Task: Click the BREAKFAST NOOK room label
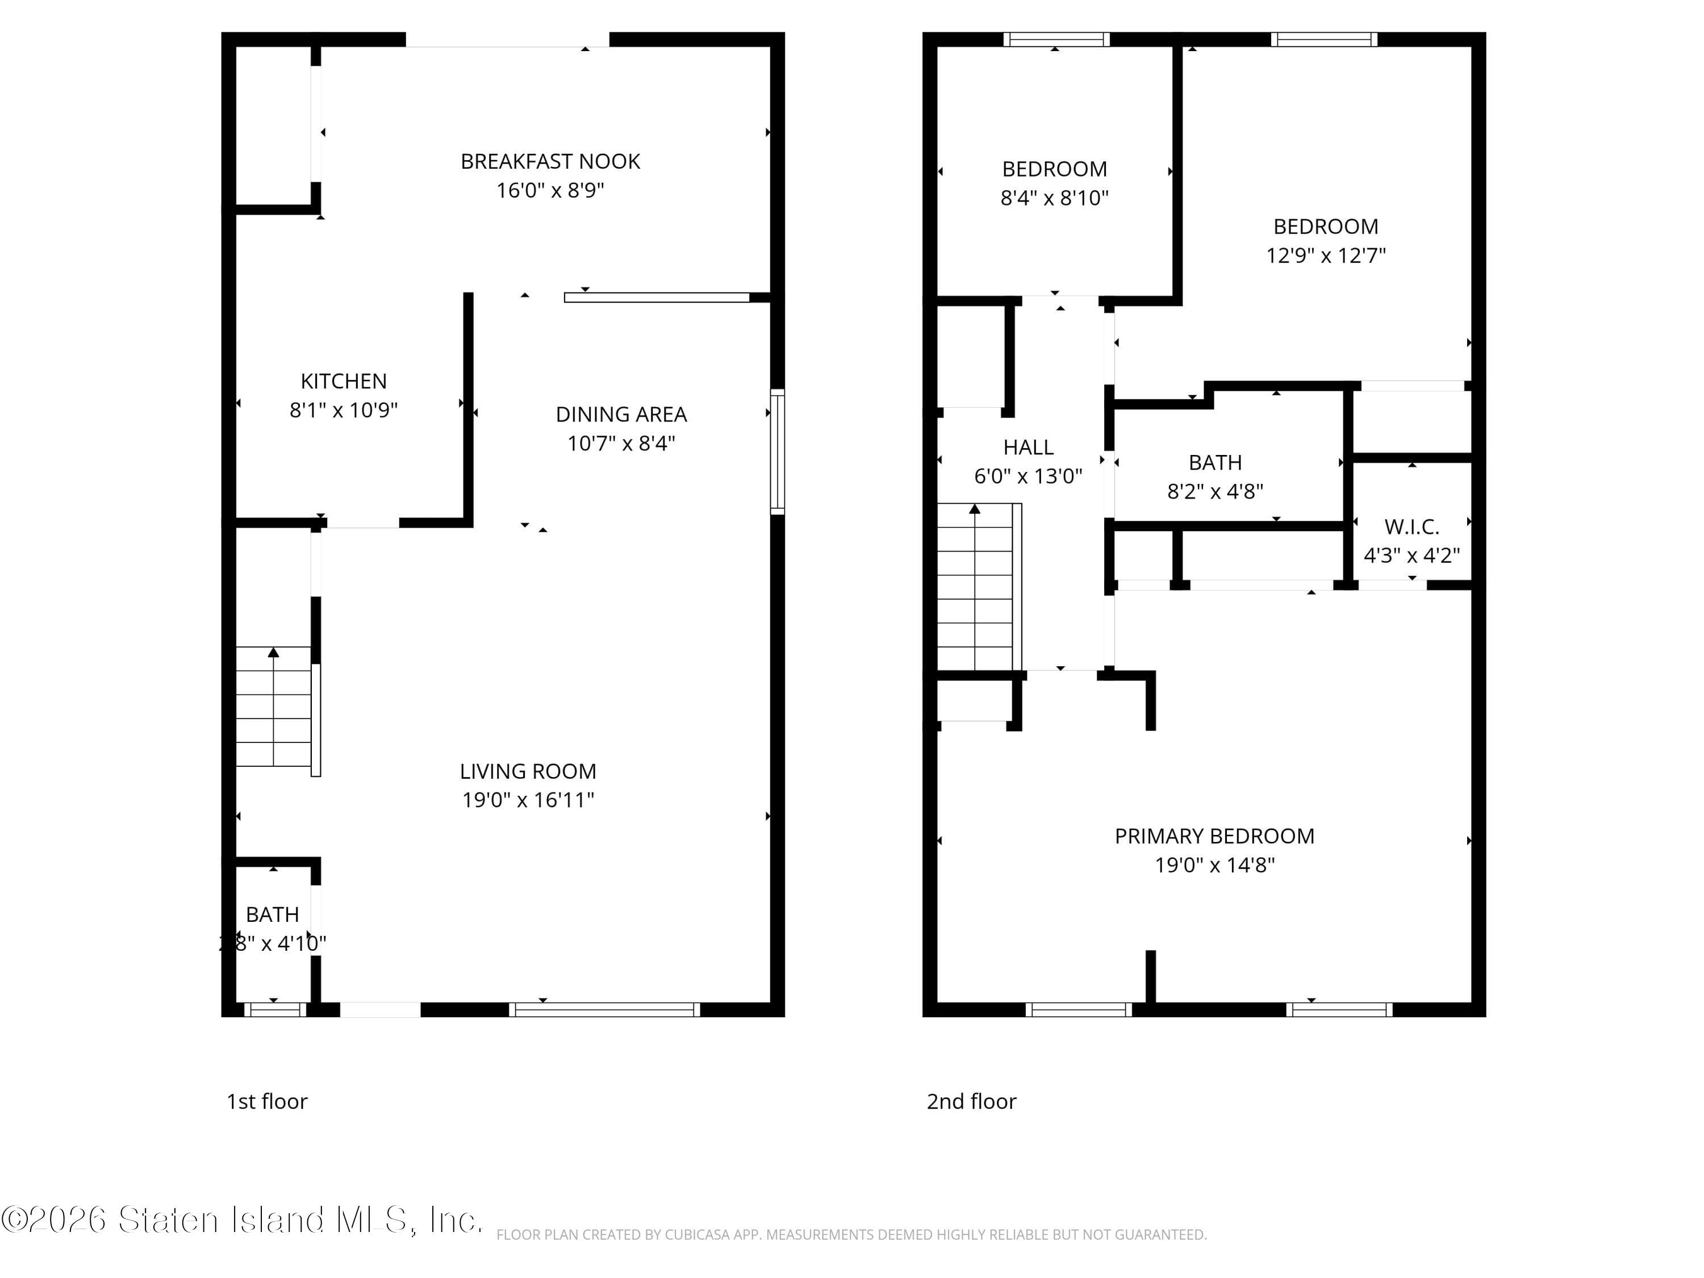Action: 550,162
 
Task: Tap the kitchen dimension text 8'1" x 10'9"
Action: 344,410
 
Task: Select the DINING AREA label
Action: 621,415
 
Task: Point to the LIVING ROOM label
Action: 528,771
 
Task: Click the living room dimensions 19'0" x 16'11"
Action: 528,800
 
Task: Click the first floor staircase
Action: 273,707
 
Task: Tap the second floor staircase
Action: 975,587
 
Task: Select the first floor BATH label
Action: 272,914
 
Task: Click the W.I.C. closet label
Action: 1411,527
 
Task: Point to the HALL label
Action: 1028,448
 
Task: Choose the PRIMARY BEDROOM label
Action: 1214,836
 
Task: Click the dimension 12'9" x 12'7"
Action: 1326,256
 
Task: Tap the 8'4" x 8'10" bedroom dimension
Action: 1054,198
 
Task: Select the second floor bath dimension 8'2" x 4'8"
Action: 1215,491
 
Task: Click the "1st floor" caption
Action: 266,1101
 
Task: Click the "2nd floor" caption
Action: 971,1101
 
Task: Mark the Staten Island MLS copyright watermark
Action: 242,1220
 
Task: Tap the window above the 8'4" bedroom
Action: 1055,39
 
